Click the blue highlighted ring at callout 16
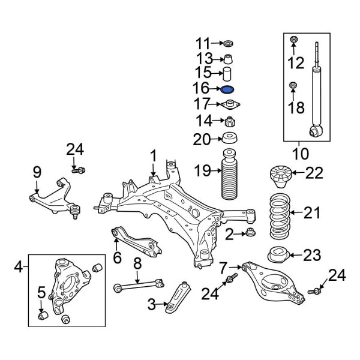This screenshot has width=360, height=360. [228, 89]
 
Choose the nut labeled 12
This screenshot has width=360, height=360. [293, 41]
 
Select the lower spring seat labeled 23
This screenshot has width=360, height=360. [277, 254]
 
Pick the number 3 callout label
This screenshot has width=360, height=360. [152, 305]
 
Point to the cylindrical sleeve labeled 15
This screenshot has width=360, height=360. [228, 74]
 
